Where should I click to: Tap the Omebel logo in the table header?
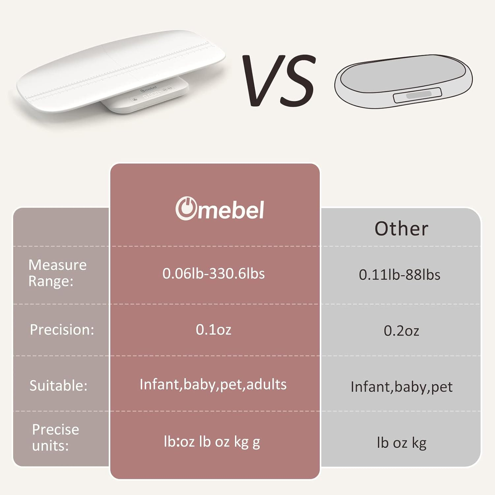pyautogui.click(x=220, y=209)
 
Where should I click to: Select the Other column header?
pyautogui.click(x=401, y=228)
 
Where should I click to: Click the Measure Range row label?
pyautogui.click(x=57, y=273)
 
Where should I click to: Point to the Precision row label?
pyautogui.click(x=62, y=330)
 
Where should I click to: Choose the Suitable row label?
pyautogui.click(x=58, y=385)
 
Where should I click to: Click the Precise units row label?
pyautogui.click(x=55, y=438)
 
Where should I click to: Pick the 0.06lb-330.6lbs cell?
pyautogui.click(x=214, y=274)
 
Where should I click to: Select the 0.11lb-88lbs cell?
pyautogui.click(x=399, y=275)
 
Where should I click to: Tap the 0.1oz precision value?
pyautogui.click(x=214, y=330)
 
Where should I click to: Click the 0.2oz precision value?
pyautogui.click(x=401, y=331)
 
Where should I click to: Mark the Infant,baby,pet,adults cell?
pyautogui.click(x=213, y=385)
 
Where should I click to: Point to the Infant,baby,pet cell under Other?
pyautogui.click(x=401, y=387)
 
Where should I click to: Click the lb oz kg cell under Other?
pyautogui.click(x=401, y=443)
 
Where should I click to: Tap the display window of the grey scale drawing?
pyautogui.click(x=417, y=95)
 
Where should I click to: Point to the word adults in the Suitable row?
pyautogui.click(x=267, y=384)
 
